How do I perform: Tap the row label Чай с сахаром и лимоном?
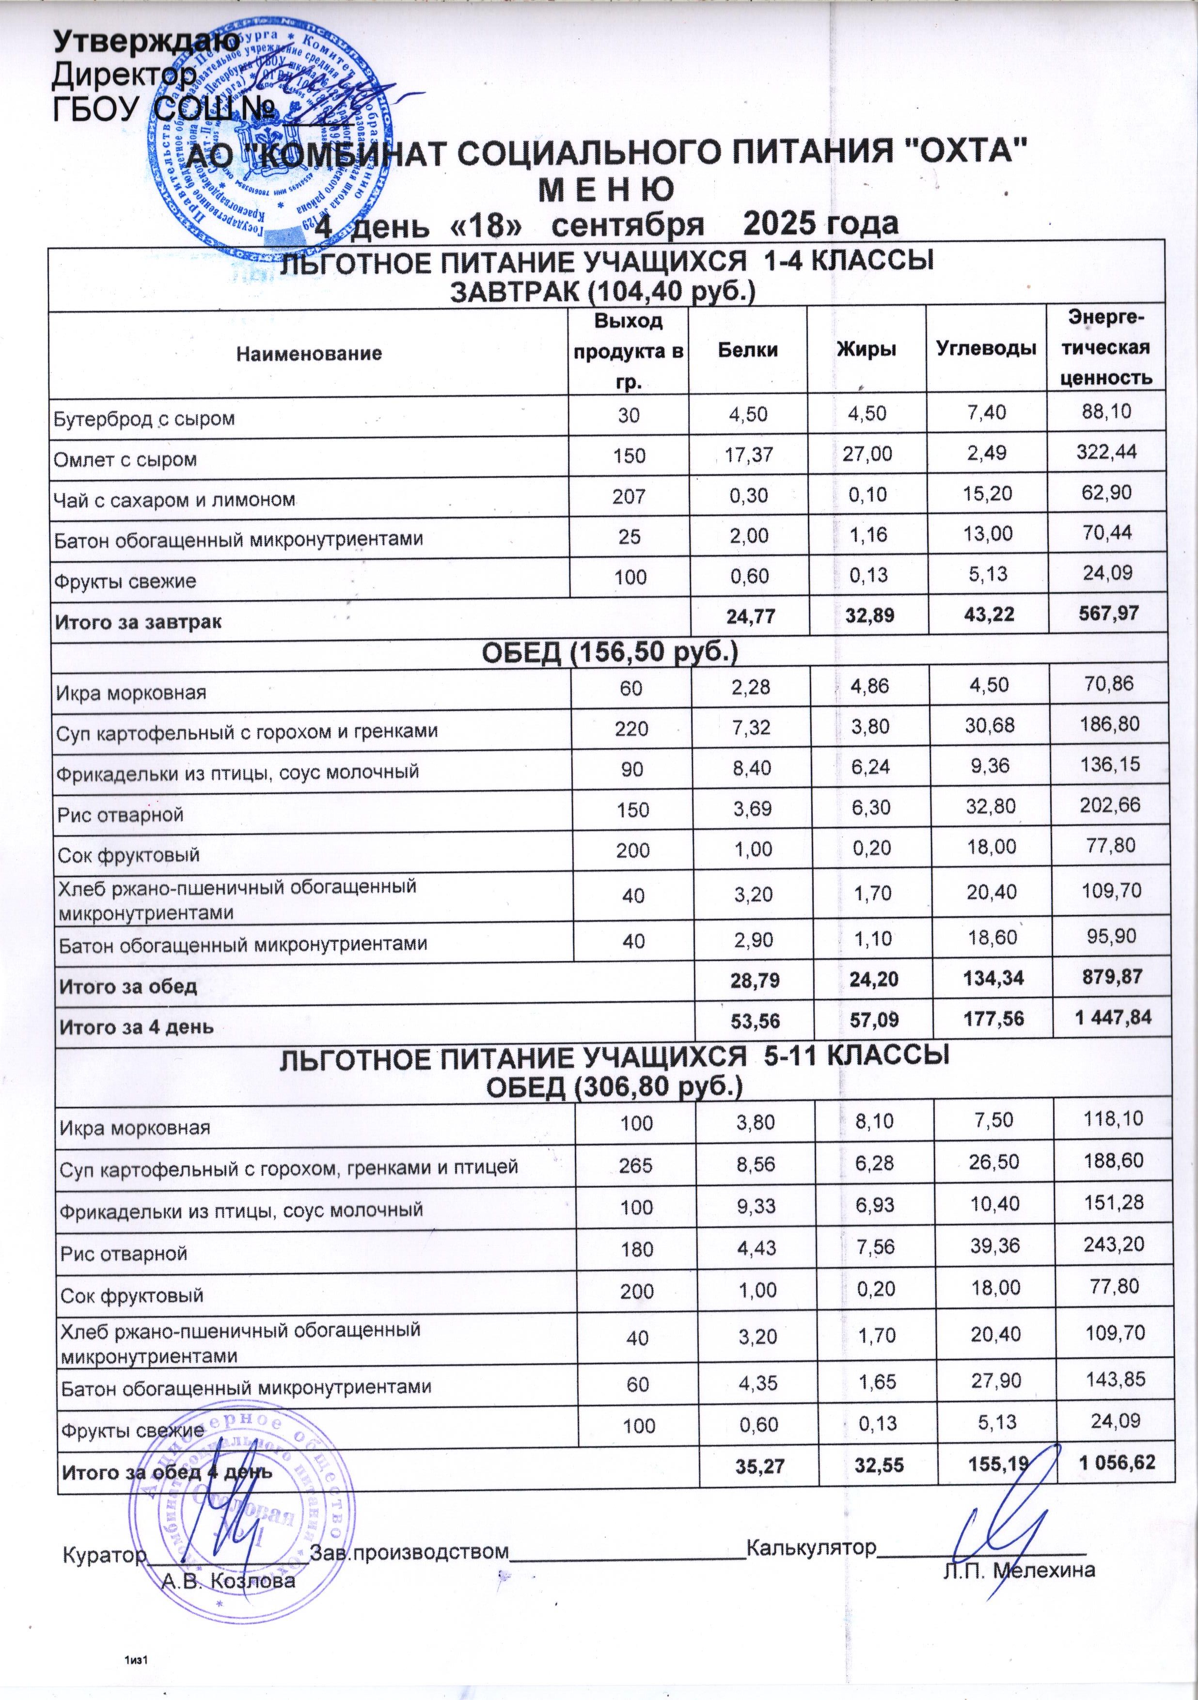coord(175,499)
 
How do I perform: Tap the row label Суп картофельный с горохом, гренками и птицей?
coord(288,1167)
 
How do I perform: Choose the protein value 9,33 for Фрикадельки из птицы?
coord(755,1208)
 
